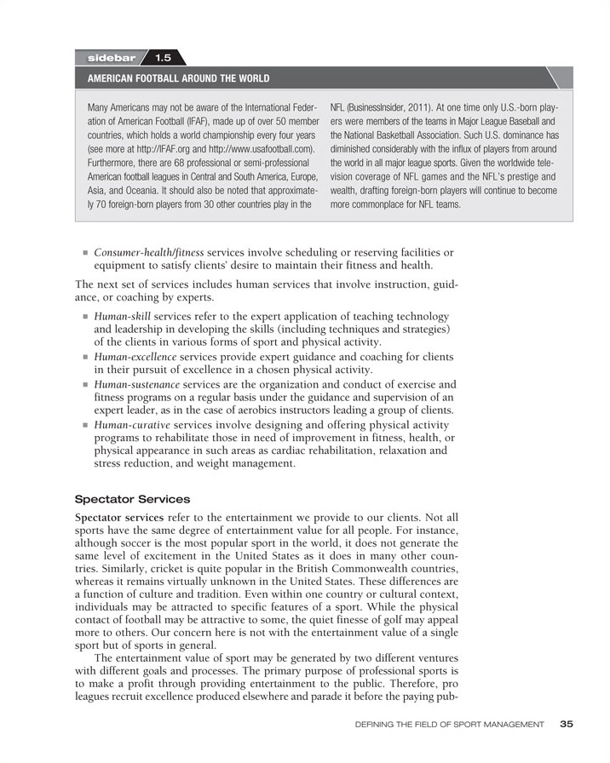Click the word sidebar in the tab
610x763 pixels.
(112, 58)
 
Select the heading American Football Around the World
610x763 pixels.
(178, 79)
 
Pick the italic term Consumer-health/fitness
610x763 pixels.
(149, 253)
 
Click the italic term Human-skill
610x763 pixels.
(122, 316)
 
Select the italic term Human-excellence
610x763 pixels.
(135, 357)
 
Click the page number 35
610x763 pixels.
(567, 724)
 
